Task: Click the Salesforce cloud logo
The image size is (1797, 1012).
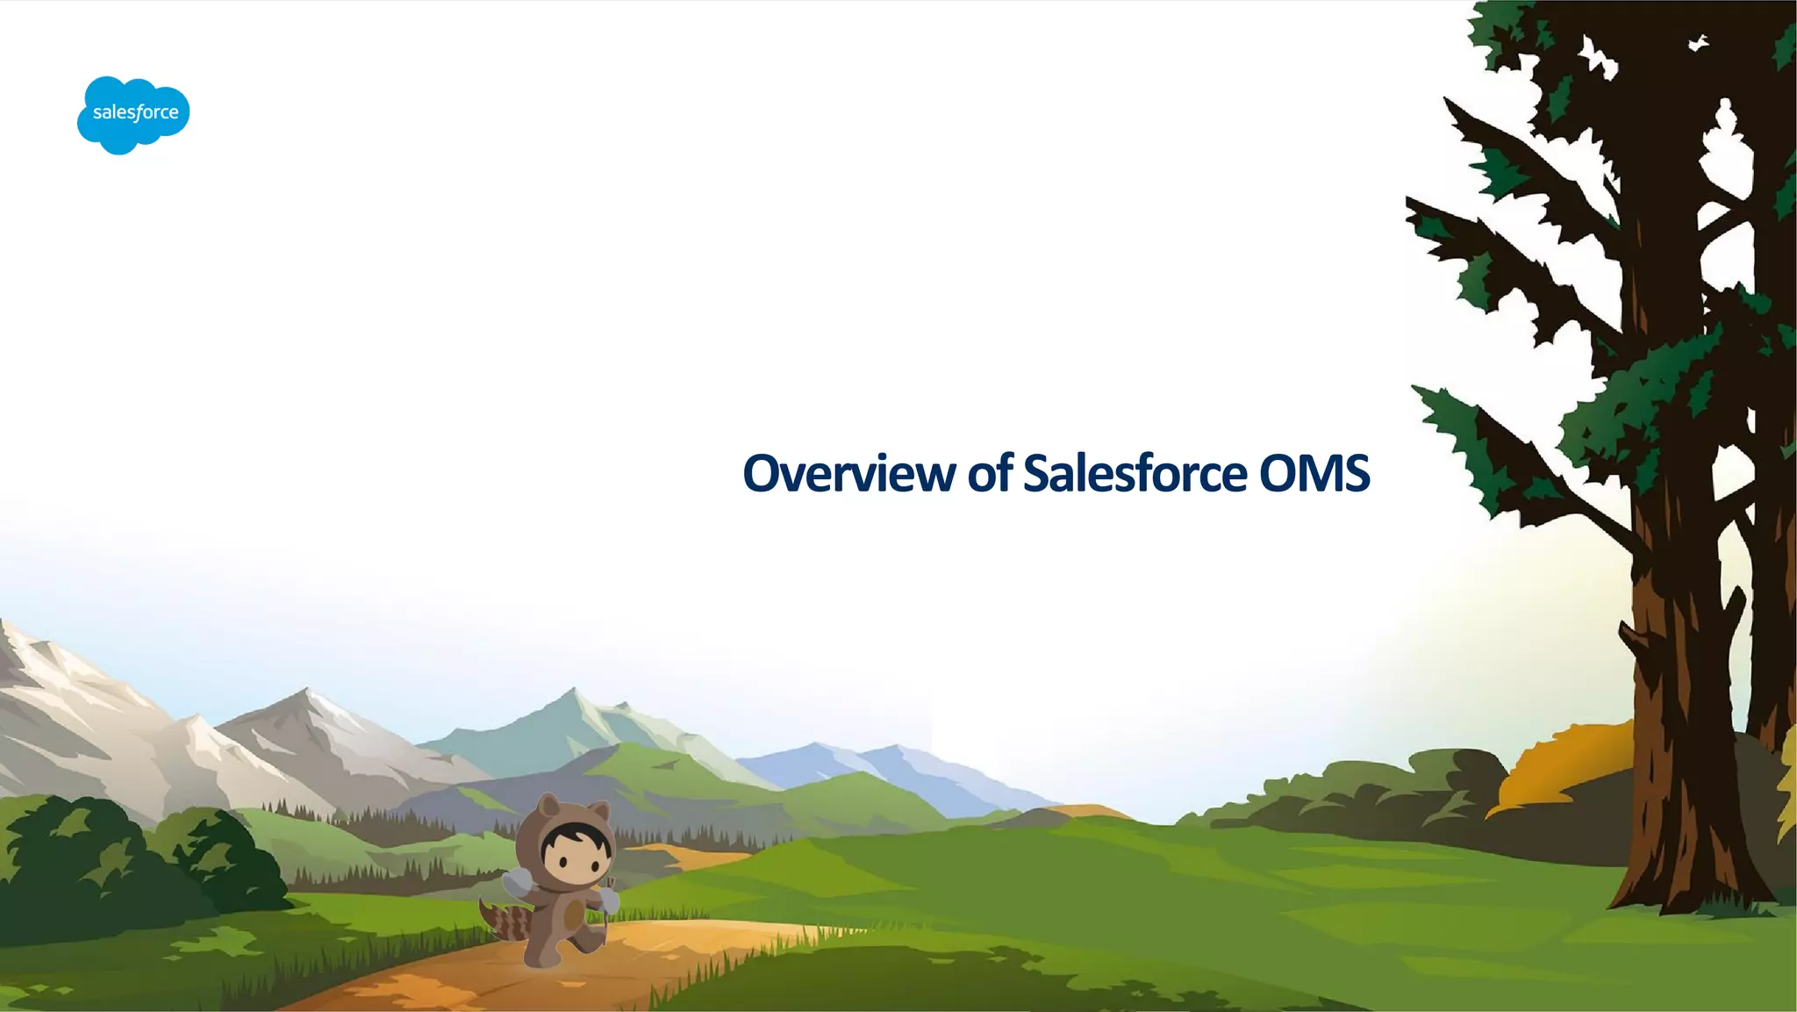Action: click(x=133, y=114)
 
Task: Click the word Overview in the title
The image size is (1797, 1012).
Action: click(x=848, y=474)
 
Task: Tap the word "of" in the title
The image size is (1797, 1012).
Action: click(x=990, y=474)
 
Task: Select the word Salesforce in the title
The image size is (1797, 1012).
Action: click(x=1135, y=474)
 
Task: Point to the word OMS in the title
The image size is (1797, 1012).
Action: click(x=1314, y=474)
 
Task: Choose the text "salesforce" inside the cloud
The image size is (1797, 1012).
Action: click(x=135, y=112)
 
